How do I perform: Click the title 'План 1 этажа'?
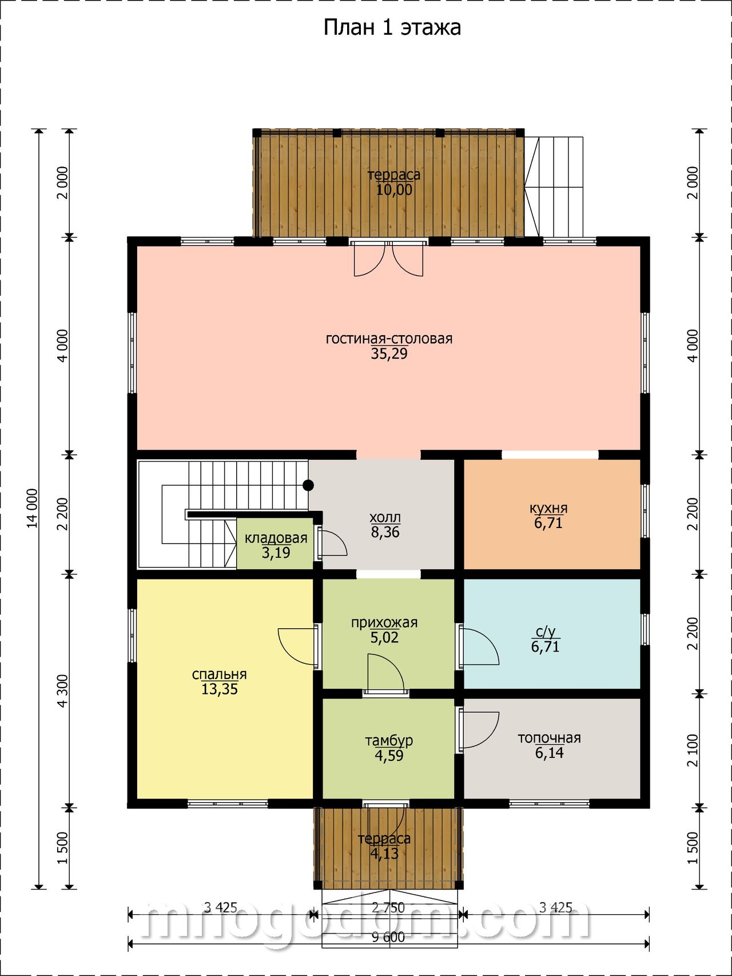(392, 27)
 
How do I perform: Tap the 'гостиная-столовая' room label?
(389, 339)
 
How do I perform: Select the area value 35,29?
(389, 354)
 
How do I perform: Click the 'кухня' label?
(548, 509)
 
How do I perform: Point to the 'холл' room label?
(385, 518)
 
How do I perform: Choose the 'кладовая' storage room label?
(276, 538)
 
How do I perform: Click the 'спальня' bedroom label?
(219, 675)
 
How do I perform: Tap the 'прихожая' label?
(384, 622)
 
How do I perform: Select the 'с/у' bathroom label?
(545, 632)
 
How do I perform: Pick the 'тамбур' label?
(389, 741)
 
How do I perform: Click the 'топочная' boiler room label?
(549, 738)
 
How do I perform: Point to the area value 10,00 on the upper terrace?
(394, 190)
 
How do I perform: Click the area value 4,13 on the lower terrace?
(384, 854)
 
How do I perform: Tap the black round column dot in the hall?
(308, 486)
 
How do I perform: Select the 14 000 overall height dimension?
(32, 508)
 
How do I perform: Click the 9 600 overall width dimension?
(388, 937)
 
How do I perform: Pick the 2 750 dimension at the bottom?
(388, 908)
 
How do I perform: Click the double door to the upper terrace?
(389, 259)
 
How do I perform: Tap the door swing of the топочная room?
(479, 729)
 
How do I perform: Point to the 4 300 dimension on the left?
(62, 691)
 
